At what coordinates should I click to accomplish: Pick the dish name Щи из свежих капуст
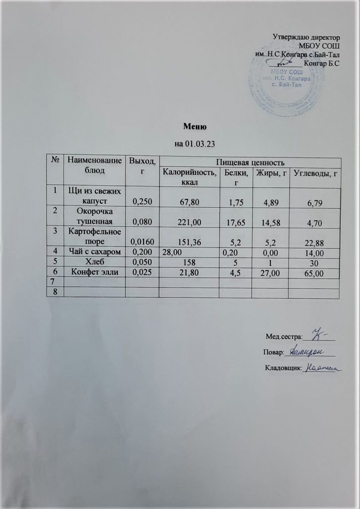point(95,196)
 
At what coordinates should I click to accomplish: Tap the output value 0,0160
point(142,242)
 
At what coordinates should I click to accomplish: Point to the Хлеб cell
point(95,262)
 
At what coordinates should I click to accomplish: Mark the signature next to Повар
point(306,351)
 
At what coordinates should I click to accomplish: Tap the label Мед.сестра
point(285,337)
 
